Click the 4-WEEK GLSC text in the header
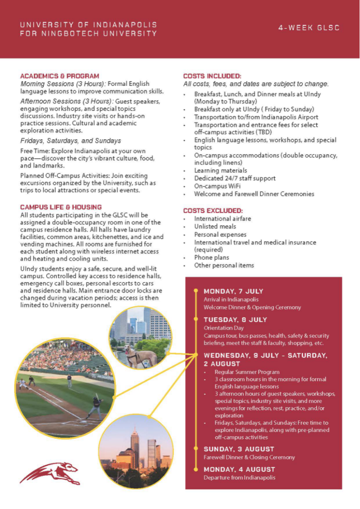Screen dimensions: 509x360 pyautogui.click(x=309, y=28)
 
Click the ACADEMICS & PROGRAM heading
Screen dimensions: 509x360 pyautogui.click(x=59, y=76)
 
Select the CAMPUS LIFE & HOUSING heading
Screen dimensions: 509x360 pyautogui.click(x=61, y=207)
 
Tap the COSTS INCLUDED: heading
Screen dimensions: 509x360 pyautogui.click(x=212, y=76)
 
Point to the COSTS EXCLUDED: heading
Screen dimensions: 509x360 pyautogui.click(x=213, y=211)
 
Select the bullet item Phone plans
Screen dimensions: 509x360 pyautogui.click(x=212, y=258)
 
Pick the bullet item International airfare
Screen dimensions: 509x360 pyautogui.click(x=223, y=219)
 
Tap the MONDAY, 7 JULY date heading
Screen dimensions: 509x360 pyautogui.click(x=233, y=291)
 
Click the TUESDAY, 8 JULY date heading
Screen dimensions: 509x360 pyautogui.click(x=235, y=320)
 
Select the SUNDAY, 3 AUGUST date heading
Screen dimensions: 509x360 pyautogui.click(x=239, y=449)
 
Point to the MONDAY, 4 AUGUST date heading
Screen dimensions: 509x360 pyautogui.click(x=239, y=469)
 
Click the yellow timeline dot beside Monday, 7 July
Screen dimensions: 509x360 pyautogui.click(x=196, y=290)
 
